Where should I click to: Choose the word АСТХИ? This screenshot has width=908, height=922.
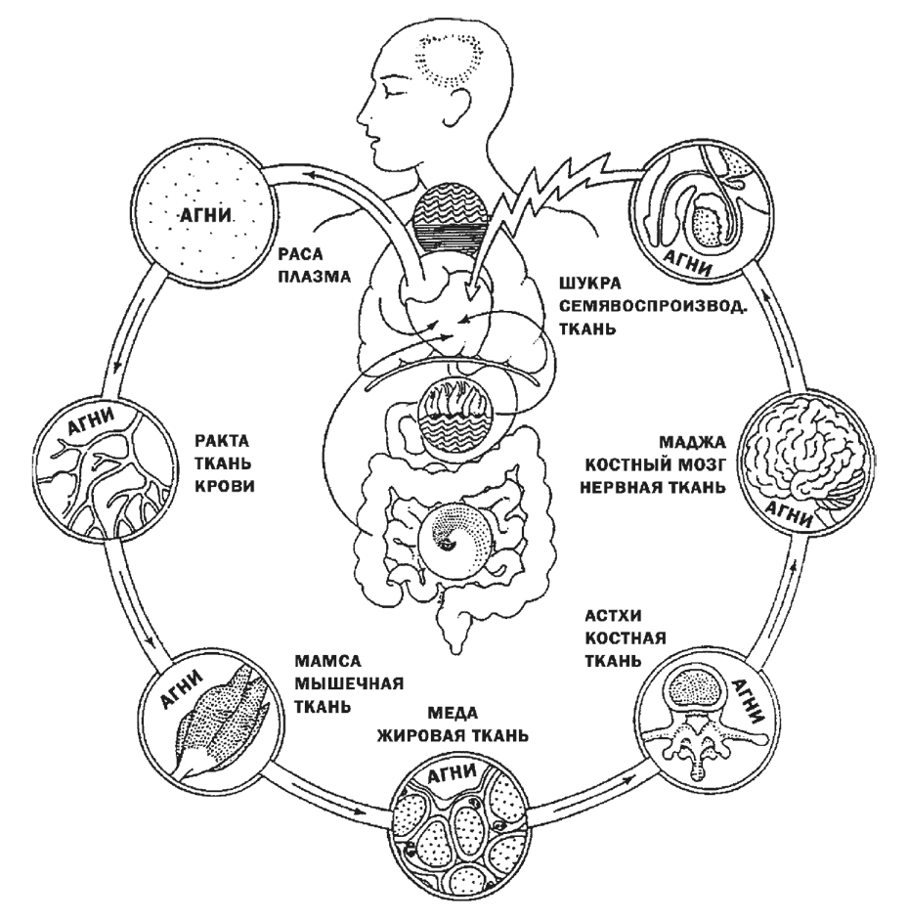(x=610, y=617)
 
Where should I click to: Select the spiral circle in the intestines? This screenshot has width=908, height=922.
(x=452, y=533)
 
